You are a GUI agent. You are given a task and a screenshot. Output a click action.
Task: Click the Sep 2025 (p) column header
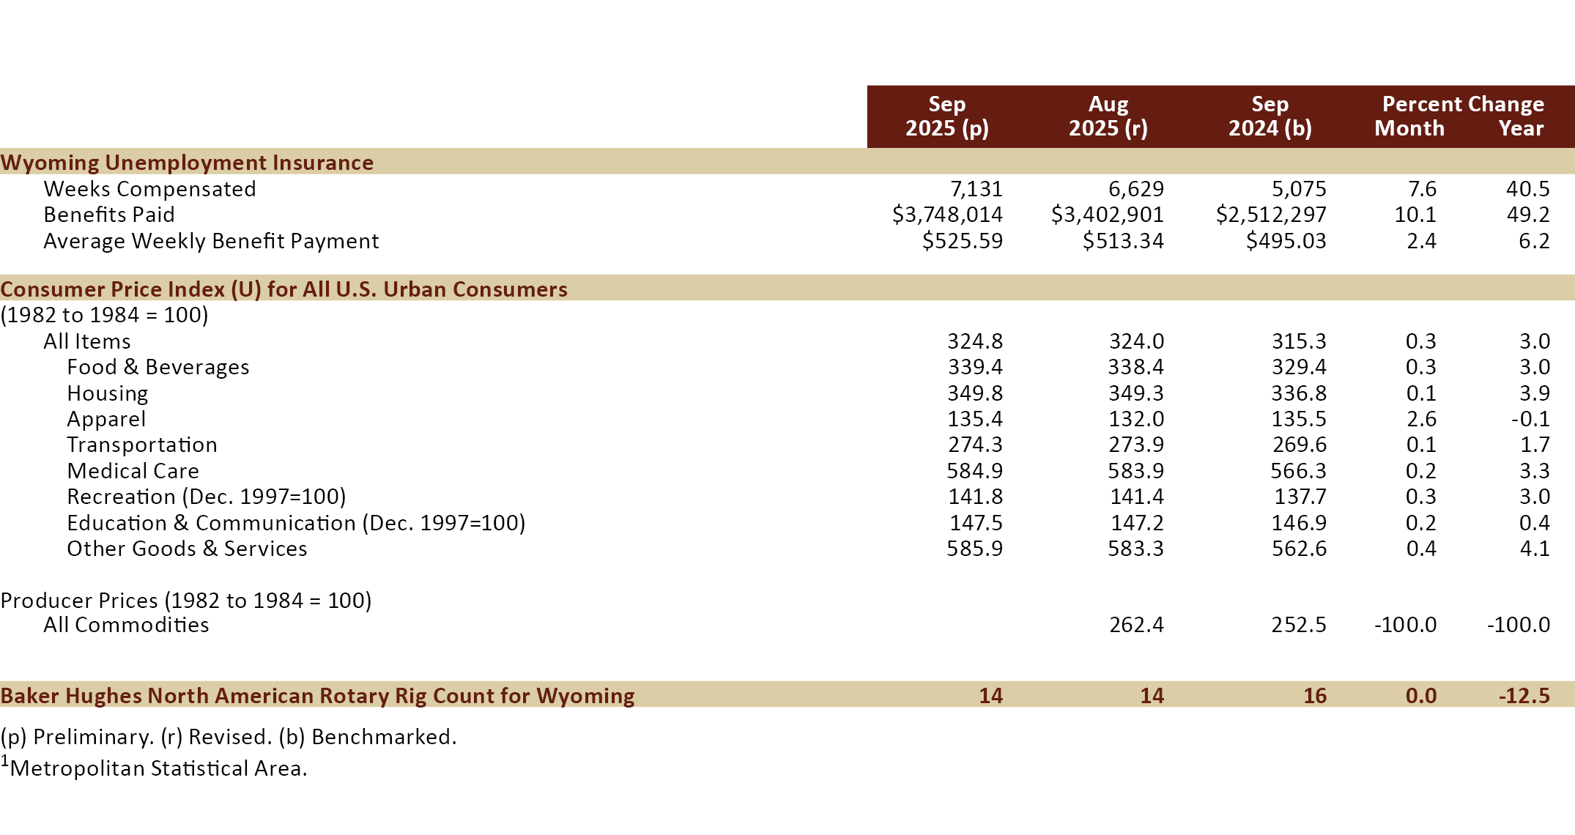point(947,116)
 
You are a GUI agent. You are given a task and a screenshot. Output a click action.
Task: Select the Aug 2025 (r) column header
point(1108,116)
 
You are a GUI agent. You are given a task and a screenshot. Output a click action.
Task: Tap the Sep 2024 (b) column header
point(1270,116)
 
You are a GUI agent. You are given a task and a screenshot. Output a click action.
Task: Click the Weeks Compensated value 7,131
point(976,189)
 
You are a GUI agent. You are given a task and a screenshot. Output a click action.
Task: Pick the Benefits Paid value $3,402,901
point(1107,215)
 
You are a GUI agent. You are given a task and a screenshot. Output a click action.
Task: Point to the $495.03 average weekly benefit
point(1286,241)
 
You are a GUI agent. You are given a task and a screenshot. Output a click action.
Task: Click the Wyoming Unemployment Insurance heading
point(187,162)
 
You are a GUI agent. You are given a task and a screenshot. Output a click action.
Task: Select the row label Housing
point(108,393)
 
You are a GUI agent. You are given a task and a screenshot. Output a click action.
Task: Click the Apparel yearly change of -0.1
point(1530,419)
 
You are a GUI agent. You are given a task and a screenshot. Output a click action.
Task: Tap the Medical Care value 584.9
point(974,471)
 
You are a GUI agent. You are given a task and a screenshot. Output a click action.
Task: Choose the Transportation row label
point(142,445)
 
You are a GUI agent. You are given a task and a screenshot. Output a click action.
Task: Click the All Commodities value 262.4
point(1136,625)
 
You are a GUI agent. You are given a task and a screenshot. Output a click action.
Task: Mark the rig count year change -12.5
point(1524,695)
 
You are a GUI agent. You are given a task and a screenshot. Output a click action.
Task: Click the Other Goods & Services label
point(187,549)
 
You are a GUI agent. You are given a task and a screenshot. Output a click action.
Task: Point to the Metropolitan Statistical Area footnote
point(157,768)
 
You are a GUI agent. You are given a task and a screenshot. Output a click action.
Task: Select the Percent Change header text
point(1463,104)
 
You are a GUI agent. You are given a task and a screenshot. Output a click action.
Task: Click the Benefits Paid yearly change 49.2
point(1527,215)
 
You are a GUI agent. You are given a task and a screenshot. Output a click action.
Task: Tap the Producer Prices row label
point(186,601)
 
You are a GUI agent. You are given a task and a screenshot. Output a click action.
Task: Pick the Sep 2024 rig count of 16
point(1314,695)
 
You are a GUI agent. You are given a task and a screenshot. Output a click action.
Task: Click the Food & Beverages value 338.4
point(1135,367)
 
